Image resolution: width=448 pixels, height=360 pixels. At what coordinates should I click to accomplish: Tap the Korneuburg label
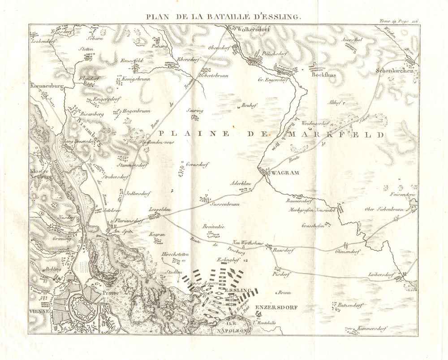(46, 85)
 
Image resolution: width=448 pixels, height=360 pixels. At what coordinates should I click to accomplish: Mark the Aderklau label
(239, 184)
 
